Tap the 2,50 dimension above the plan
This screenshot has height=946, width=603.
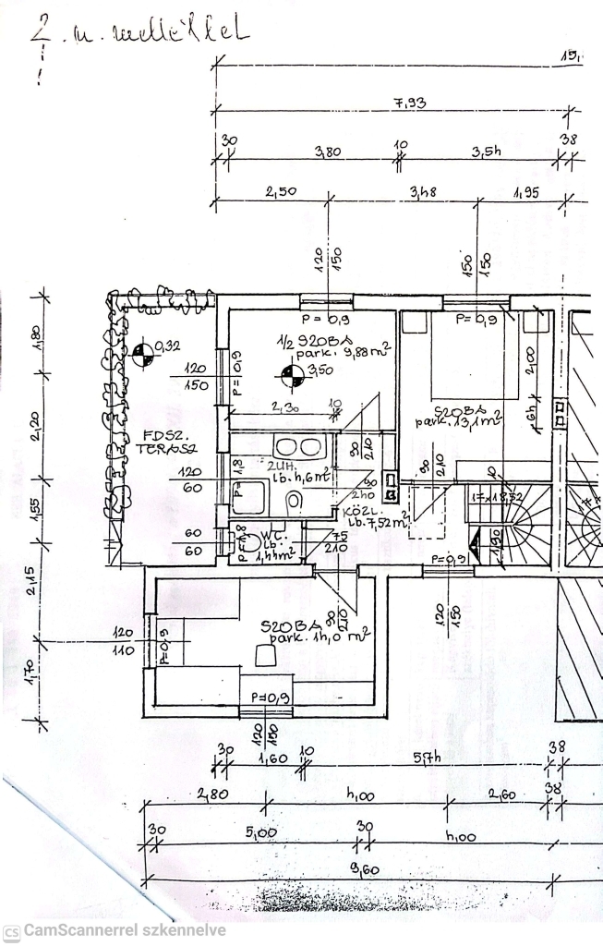point(280,192)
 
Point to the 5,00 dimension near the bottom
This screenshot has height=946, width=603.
point(261,833)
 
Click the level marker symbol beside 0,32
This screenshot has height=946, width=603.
point(141,352)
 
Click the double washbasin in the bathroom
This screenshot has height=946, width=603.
point(286,447)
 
